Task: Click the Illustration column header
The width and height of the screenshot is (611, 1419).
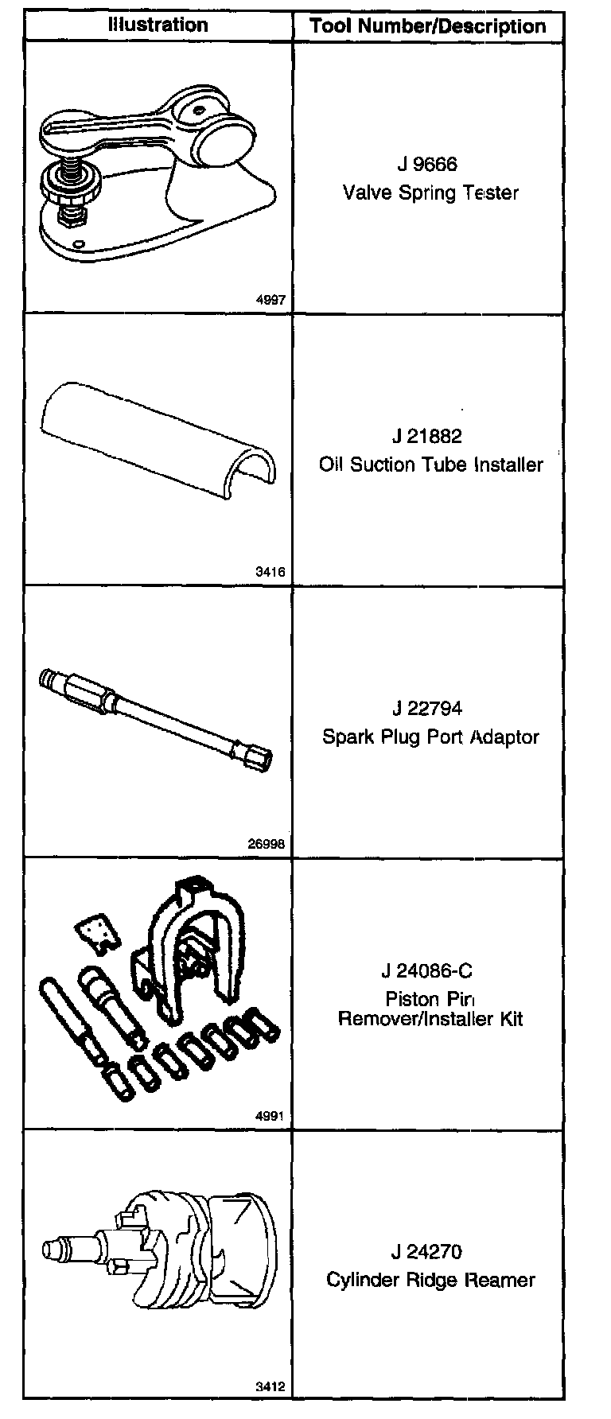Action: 158,25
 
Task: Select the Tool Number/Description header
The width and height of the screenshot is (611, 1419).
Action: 428,26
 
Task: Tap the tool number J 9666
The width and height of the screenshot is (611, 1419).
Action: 428,165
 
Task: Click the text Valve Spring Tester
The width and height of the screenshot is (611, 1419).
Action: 430,192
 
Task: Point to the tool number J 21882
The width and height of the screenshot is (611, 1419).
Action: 427,437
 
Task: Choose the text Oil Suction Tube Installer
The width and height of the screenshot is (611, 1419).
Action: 430,465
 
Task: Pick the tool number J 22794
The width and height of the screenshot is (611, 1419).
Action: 427,709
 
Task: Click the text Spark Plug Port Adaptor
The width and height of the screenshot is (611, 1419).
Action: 430,737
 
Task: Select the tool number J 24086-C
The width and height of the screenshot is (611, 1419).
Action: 426,971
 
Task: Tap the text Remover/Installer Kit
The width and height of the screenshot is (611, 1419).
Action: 430,1019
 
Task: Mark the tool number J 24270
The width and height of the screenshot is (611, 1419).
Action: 426,1252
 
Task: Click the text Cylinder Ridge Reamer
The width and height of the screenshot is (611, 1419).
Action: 430,1281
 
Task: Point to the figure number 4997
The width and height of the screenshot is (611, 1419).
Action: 270,301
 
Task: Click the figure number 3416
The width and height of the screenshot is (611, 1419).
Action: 270,573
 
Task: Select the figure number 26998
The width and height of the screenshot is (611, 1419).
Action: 267,845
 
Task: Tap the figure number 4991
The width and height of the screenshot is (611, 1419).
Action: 270,1117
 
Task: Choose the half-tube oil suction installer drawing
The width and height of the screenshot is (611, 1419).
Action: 159,437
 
